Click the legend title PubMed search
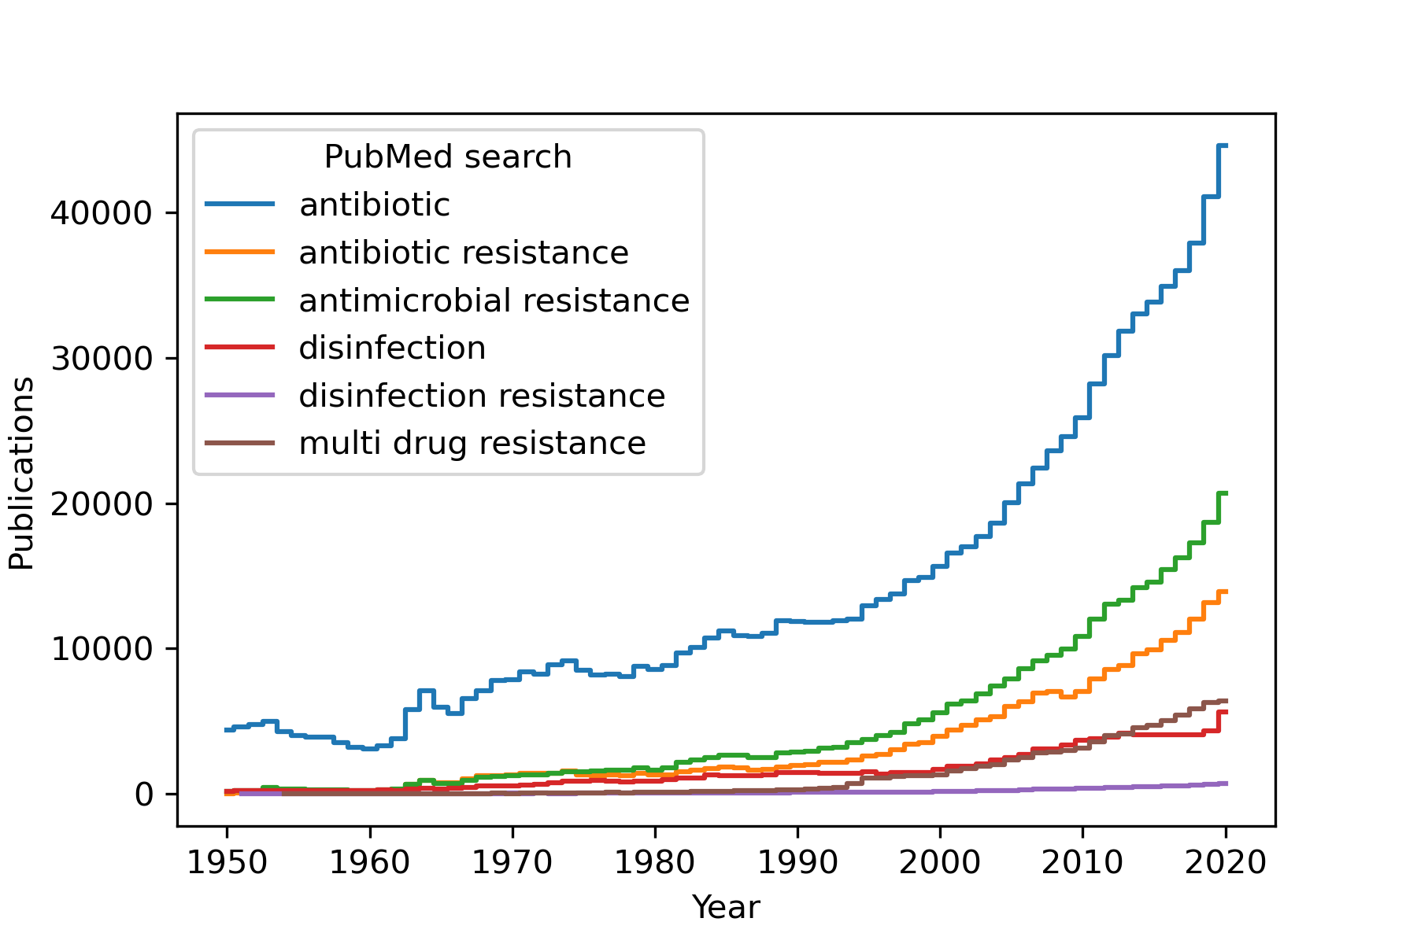pyautogui.click(x=447, y=157)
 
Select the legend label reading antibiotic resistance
pyautogui.click(x=464, y=253)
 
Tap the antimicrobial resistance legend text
pyautogui.click(x=494, y=301)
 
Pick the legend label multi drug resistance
pyautogui.click(x=472, y=443)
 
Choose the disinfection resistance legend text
pyautogui.click(x=482, y=396)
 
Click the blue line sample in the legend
pyautogui.click(x=239, y=205)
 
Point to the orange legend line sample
pyautogui.click(x=239, y=253)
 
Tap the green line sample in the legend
pyautogui.click(x=239, y=300)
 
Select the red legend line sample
pyautogui.click(x=239, y=348)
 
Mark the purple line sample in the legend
pyautogui.click(x=239, y=395)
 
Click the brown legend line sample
pyautogui.click(x=239, y=443)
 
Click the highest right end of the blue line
pyautogui.click(x=1226, y=146)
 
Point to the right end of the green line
pyautogui.click(x=1226, y=493)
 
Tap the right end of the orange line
pyautogui.click(x=1226, y=592)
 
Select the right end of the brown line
pyautogui.click(x=1226, y=700)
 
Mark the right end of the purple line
pyautogui.click(x=1226, y=783)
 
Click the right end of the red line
pyautogui.click(x=1226, y=712)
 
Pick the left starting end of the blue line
pyautogui.click(x=226, y=730)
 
